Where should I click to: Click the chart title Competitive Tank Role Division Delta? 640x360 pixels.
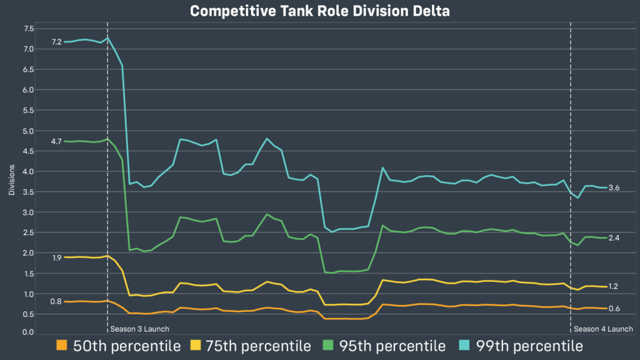pos(319,11)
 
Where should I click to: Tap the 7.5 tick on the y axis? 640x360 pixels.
pos(29,29)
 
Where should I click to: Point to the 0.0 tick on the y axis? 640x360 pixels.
pos(29,332)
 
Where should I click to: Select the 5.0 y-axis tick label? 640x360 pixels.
pos(29,131)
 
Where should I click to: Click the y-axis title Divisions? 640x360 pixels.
pos(12,181)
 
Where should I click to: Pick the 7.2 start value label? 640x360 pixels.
pos(56,42)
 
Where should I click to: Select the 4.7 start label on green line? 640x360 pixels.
pos(56,141)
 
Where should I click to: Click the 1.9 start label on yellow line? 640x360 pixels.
pos(56,257)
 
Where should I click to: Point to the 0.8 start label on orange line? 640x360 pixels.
pos(56,302)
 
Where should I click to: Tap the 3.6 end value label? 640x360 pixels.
pos(613,188)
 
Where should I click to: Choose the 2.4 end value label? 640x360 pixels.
pos(613,238)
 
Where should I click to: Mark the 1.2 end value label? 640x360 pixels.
pos(613,286)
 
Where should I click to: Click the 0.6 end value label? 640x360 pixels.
pos(613,309)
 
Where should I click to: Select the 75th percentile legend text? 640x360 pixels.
pos(257,346)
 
